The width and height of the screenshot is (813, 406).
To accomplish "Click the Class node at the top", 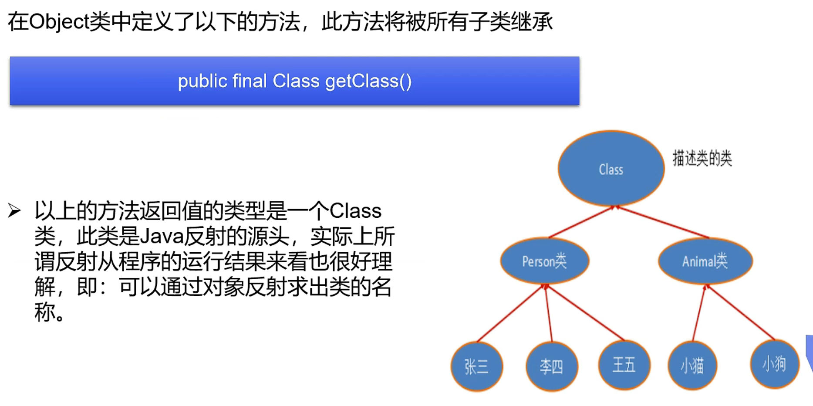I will click(611, 169).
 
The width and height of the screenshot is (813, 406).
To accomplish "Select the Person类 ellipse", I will click(544, 261).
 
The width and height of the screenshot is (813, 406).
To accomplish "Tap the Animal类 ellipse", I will click(705, 261).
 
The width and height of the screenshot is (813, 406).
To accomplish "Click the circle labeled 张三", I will click(477, 366).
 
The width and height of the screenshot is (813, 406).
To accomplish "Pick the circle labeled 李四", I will click(552, 366).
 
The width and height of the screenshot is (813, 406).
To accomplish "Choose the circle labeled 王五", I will click(624, 365).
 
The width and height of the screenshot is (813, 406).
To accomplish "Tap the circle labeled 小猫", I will click(692, 365).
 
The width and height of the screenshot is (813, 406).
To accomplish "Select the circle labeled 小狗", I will click(774, 364).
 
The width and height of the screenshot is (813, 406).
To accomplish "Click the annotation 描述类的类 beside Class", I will click(702, 158).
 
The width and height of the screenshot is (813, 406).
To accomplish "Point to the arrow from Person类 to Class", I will click(581, 222).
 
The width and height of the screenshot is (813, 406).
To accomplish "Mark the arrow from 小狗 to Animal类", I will click(740, 312).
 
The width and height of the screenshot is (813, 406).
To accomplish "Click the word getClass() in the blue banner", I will click(368, 81).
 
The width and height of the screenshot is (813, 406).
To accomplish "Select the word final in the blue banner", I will click(250, 81).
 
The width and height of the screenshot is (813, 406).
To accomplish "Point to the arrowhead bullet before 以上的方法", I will click(14, 211).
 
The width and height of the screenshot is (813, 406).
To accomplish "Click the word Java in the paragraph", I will click(162, 237).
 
